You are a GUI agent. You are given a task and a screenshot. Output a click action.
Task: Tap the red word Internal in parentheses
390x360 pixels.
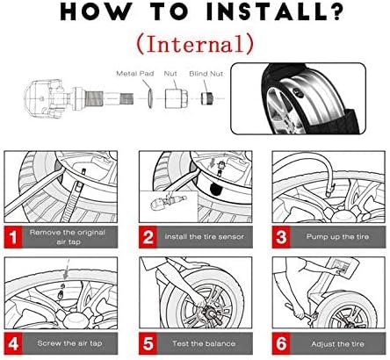(x=195, y=44)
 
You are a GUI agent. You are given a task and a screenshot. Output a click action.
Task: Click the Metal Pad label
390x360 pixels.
(x=135, y=73)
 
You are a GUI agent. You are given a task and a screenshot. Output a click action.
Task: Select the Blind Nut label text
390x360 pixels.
(x=206, y=74)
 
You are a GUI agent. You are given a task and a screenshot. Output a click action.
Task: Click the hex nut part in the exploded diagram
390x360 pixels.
(x=176, y=98)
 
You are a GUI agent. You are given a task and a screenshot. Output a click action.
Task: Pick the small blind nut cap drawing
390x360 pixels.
(x=206, y=98)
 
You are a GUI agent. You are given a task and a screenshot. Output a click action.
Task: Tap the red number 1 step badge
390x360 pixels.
(x=13, y=237)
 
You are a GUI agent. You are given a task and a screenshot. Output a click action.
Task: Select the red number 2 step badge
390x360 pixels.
(x=148, y=237)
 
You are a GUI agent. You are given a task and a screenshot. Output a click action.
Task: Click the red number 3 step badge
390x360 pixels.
(x=281, y=237)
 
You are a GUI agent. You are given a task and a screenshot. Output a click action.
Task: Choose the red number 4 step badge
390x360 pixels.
(x=13, y=343)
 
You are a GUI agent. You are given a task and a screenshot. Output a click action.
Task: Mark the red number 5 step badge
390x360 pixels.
(x=148, y=343)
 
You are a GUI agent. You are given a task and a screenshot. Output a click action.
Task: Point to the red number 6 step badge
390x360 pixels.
(x=281, y=343)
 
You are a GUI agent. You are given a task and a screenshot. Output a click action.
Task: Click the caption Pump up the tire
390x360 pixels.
(x=337, y=236)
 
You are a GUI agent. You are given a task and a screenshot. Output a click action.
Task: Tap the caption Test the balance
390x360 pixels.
(x=204, y=343)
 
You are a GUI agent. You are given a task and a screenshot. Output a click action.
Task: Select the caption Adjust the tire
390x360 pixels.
(x=337, y=343)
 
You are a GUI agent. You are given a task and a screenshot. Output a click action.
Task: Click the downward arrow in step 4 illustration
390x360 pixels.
(x=67, y=270)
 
